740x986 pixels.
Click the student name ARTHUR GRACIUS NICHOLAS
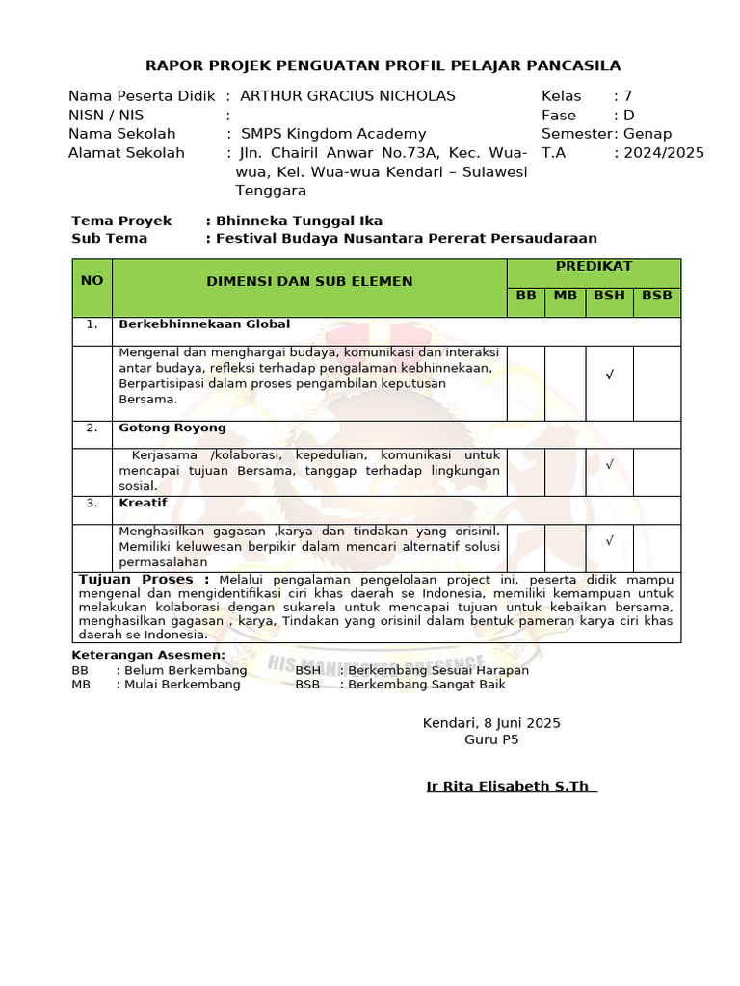tap(347, 96)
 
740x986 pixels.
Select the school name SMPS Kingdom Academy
tap(333, 134)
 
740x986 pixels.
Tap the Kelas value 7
tap(628, 96)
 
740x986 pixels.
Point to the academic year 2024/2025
tap(664, 153)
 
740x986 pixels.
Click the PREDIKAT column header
tap(594, 266)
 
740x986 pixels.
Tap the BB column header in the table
tap(526, 296)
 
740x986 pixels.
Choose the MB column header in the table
tap(565, 296)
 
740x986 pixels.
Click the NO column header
tap(92, 281)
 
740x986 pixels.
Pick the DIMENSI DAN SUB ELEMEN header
tap(309, 281)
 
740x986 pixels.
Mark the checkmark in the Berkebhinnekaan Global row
tap(609, 376)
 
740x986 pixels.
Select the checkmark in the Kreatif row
tap(609, 541)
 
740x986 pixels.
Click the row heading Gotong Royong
tap(172, 428)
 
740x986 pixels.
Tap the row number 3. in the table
tap(92, 503)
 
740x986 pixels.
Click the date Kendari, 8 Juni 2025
tap(491, 723)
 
